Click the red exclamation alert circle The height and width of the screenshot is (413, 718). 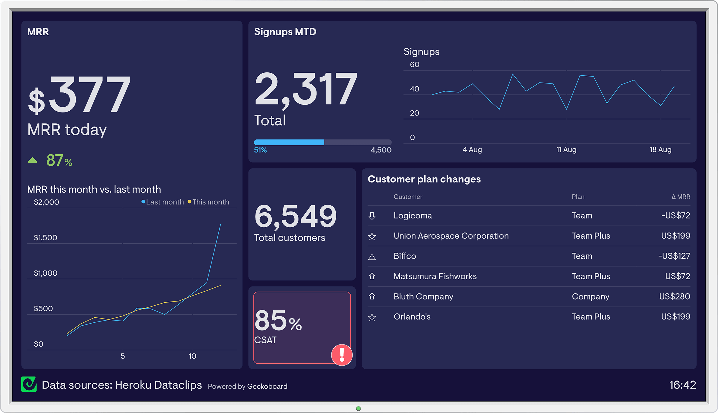(342, 355)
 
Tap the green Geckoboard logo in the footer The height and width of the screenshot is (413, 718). (29, 384)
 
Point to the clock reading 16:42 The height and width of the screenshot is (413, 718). (682, 385)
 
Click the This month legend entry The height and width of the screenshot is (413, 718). (209, 202)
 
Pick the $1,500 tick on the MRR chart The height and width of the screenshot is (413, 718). (45, 237)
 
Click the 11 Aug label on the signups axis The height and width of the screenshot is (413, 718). (566, 150)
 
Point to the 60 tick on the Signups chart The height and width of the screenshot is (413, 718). (414, 65)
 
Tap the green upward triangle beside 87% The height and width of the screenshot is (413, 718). (32, 160)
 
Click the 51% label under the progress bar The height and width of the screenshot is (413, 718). (260, 150)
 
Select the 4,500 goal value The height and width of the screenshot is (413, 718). (381, 150)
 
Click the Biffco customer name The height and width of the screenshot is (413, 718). (404, 256)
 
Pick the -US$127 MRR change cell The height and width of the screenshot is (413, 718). (674, 256)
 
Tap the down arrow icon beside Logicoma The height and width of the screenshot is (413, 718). (372, 216)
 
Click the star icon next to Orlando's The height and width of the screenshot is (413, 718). (372, 317)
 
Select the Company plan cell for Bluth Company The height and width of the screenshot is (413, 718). (590, 296)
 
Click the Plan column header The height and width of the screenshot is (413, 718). (578, 197)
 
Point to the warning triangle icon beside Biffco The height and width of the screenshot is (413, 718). (372, 257)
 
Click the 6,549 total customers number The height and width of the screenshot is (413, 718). (295, 216)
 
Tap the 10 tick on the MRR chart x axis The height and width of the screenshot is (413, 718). (192, 356)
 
